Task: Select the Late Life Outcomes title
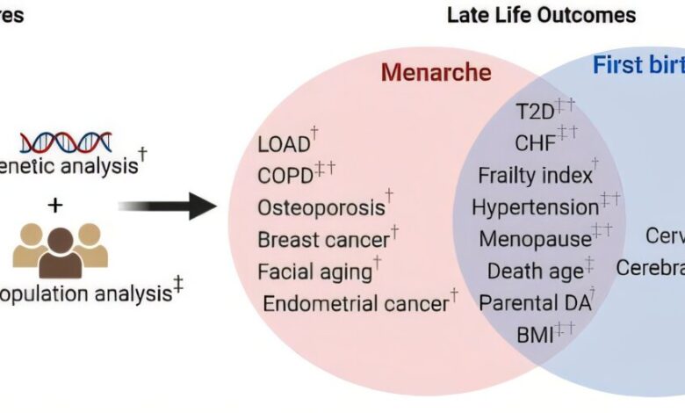point(540,15)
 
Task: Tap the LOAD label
point(284,144)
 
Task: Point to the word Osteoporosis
point(321,207)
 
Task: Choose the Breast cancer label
point(323,239)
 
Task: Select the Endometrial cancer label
point(356,304)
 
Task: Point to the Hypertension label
point(535,207)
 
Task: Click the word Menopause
point(534,239)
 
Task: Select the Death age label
point(535,272)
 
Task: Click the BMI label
point(534,333)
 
